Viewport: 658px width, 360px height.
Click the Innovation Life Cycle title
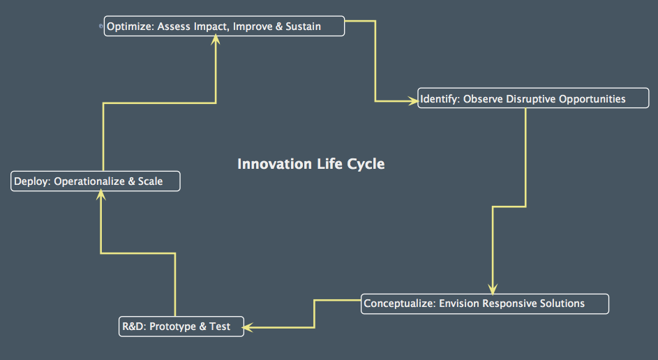(x=311, y=164)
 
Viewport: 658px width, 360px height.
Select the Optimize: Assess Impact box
(x=224, y=27)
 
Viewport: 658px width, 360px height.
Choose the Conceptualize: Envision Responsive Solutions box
(x=484, y=303)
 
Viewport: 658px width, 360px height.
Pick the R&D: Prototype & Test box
(x=181, y=327)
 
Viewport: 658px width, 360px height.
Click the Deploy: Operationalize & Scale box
(x=96, y=181)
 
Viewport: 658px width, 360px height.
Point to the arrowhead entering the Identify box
(x=412, y=101)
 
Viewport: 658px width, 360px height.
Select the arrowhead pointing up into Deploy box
(x=101, y=197)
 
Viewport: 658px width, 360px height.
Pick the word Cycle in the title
(x=366, y=164)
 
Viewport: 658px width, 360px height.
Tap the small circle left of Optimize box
(x=101, y=26)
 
